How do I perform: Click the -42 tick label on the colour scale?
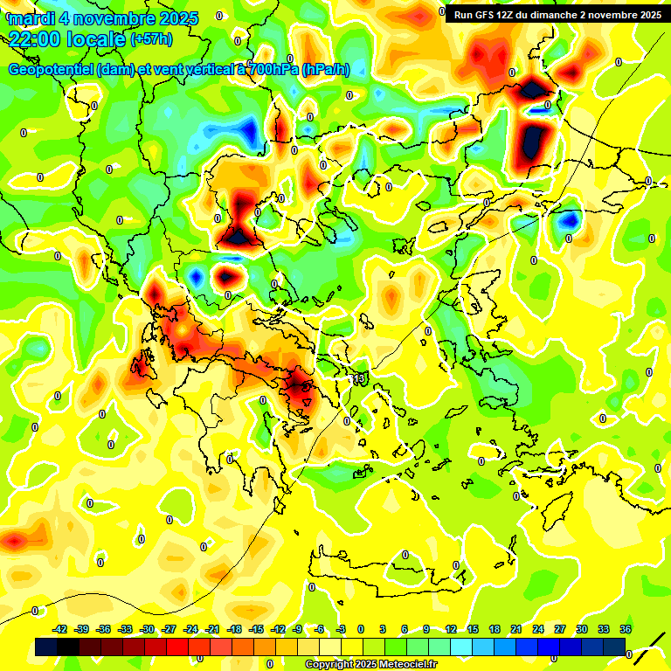tap(60, 629)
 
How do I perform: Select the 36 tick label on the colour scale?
tap(626, 629)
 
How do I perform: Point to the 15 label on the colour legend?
tap(473, 629)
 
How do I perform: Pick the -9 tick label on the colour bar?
tap(298, 629)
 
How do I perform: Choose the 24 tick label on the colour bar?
tap(538, 629)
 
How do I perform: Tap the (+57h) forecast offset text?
tap(151, 39)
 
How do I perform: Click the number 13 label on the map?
tap(360, 378)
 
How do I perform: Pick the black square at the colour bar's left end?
tap(47, 647)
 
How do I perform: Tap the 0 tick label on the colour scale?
tap(361, 629)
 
